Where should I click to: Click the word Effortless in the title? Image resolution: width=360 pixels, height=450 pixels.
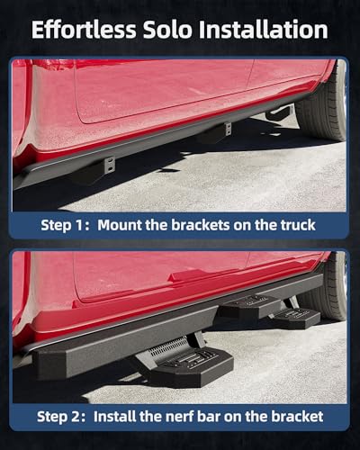pos(84,30)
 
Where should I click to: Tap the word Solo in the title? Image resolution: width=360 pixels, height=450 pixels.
pos(167,30)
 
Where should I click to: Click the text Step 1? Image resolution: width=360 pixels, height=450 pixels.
pos(65,225)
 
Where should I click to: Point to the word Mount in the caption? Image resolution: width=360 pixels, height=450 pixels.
pos(120,225)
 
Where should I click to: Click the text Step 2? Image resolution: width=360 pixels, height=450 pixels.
pos(61,417)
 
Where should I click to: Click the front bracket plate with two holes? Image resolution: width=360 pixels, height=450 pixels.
pos(110,166)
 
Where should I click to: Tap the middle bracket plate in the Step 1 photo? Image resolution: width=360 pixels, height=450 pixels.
pos(229,129)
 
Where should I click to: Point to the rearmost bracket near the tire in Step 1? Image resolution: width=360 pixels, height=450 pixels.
pos(281,112)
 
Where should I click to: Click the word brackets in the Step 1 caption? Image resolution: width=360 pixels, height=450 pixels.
pos(201,225)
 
